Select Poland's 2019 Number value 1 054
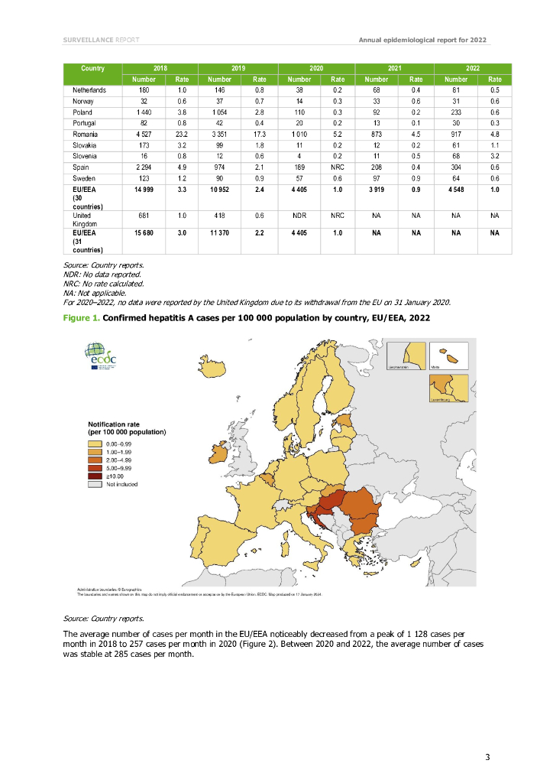click(x=219, y=112)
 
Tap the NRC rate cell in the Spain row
click(x=337, y=167)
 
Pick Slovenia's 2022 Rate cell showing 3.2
click(x=494, y=155)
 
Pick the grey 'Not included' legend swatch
click(x=95, y=484)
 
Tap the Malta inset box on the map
click(x=448, y=357)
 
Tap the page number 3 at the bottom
click(x=487, y=757)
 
